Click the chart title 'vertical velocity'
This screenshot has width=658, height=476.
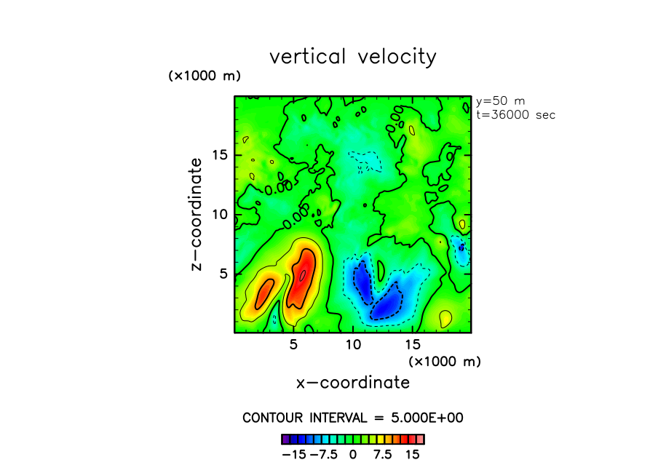click(353, 57)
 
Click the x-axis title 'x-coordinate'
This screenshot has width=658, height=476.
click(353, 383)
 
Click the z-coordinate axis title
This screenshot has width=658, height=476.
click(197, 216)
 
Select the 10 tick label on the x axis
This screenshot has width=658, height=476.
click(353, 344)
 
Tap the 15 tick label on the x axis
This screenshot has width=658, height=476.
click(413, 344)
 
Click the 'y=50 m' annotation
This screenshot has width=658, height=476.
click(500, 101)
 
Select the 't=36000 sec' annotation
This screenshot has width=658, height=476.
click(515, 115)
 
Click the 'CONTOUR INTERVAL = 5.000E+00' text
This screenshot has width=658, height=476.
click(353, 418)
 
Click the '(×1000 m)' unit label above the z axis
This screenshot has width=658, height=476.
click(205, 76)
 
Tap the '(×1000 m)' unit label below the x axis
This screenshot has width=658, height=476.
click(445, 361)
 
